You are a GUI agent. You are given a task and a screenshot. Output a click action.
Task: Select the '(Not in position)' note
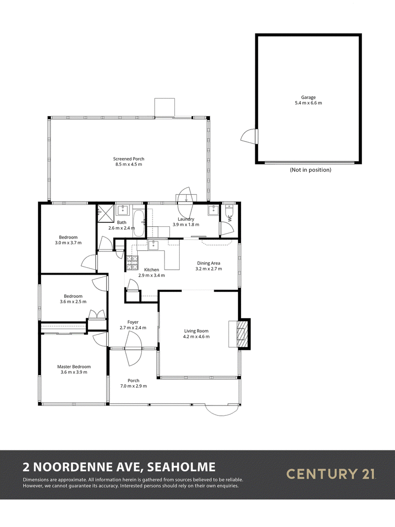click(x=311, y=170)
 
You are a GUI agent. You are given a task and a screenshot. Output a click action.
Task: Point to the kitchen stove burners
click(x=132, y=263)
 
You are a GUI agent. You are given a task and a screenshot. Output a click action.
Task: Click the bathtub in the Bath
click(x=139, y=223)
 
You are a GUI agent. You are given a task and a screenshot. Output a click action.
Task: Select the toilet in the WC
click(x=229, y=210)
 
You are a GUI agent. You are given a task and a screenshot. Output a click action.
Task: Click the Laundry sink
click(x=213, y=210)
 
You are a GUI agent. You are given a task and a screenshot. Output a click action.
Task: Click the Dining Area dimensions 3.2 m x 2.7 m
click(x=208, y=269)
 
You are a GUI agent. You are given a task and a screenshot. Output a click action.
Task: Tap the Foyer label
click(x=133, y=323)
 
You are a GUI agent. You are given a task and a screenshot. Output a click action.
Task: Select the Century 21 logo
click(x=330, y=474)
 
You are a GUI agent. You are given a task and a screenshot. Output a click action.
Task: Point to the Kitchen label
click(x=152, y=270)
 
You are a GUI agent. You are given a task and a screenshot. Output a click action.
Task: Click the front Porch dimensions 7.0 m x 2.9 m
click(x=133, y=386)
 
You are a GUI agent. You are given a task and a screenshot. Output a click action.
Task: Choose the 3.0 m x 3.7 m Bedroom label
click(x=68, y=240)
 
